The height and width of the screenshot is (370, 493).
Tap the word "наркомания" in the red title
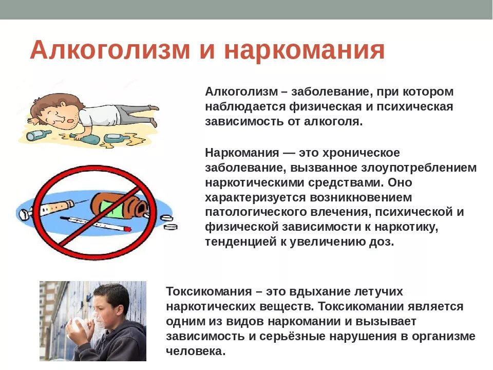point(304,51)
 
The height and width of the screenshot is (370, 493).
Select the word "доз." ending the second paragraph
point(382,242)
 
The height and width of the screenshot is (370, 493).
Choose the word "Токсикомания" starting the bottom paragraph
point(207,291)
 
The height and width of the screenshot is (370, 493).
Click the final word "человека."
point(196,351)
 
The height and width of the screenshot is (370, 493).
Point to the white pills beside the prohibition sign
point(170,224)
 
